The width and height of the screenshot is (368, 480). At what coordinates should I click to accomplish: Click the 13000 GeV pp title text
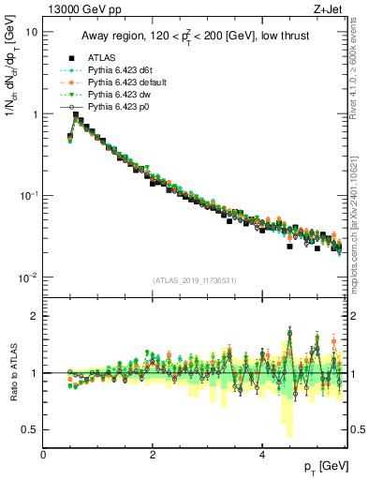pos(78,10)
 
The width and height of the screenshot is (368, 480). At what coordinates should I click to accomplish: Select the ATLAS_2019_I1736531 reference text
pos(194,280)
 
